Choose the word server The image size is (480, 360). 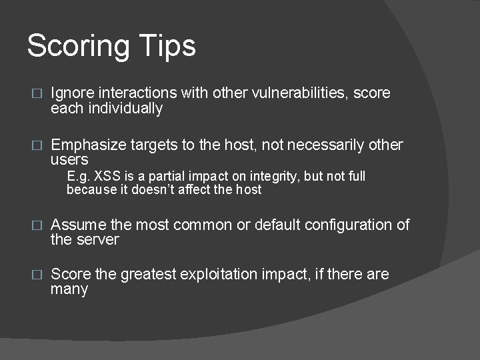97,239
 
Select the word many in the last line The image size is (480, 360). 69,289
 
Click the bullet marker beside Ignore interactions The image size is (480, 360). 37,93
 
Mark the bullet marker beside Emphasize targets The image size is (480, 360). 37,145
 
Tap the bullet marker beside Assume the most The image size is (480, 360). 37,225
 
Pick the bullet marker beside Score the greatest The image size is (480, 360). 37,275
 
